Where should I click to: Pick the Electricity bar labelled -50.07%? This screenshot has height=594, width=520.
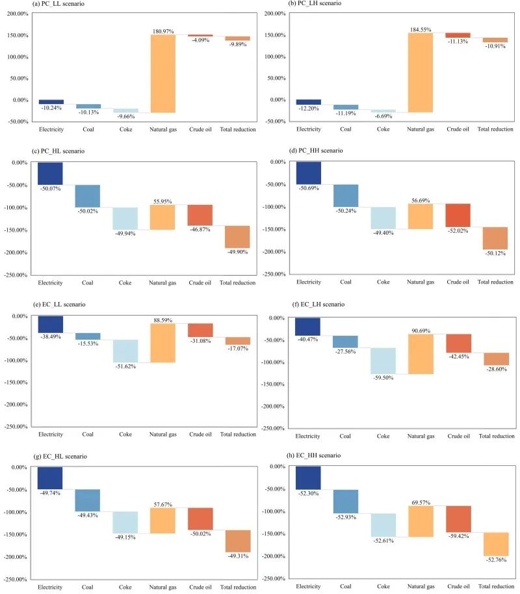tap(50, 174)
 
